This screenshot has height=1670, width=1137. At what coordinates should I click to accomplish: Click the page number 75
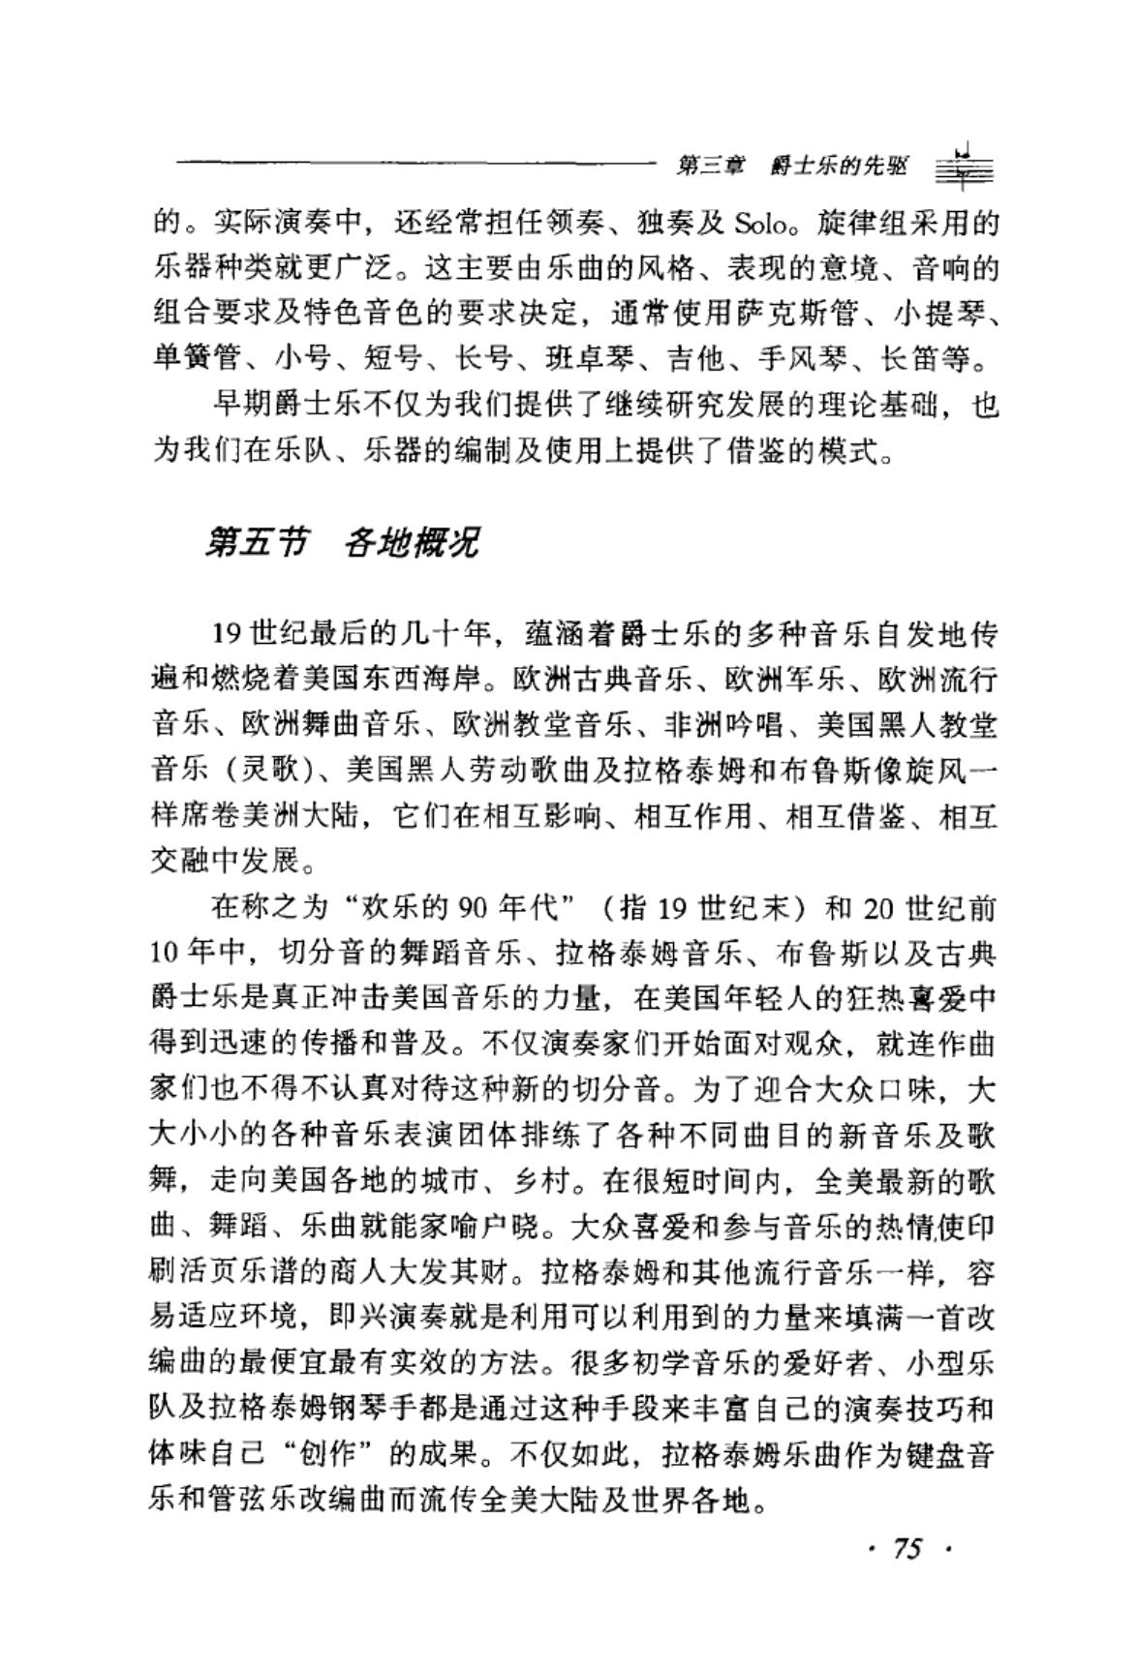click(x=908, y=1550)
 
